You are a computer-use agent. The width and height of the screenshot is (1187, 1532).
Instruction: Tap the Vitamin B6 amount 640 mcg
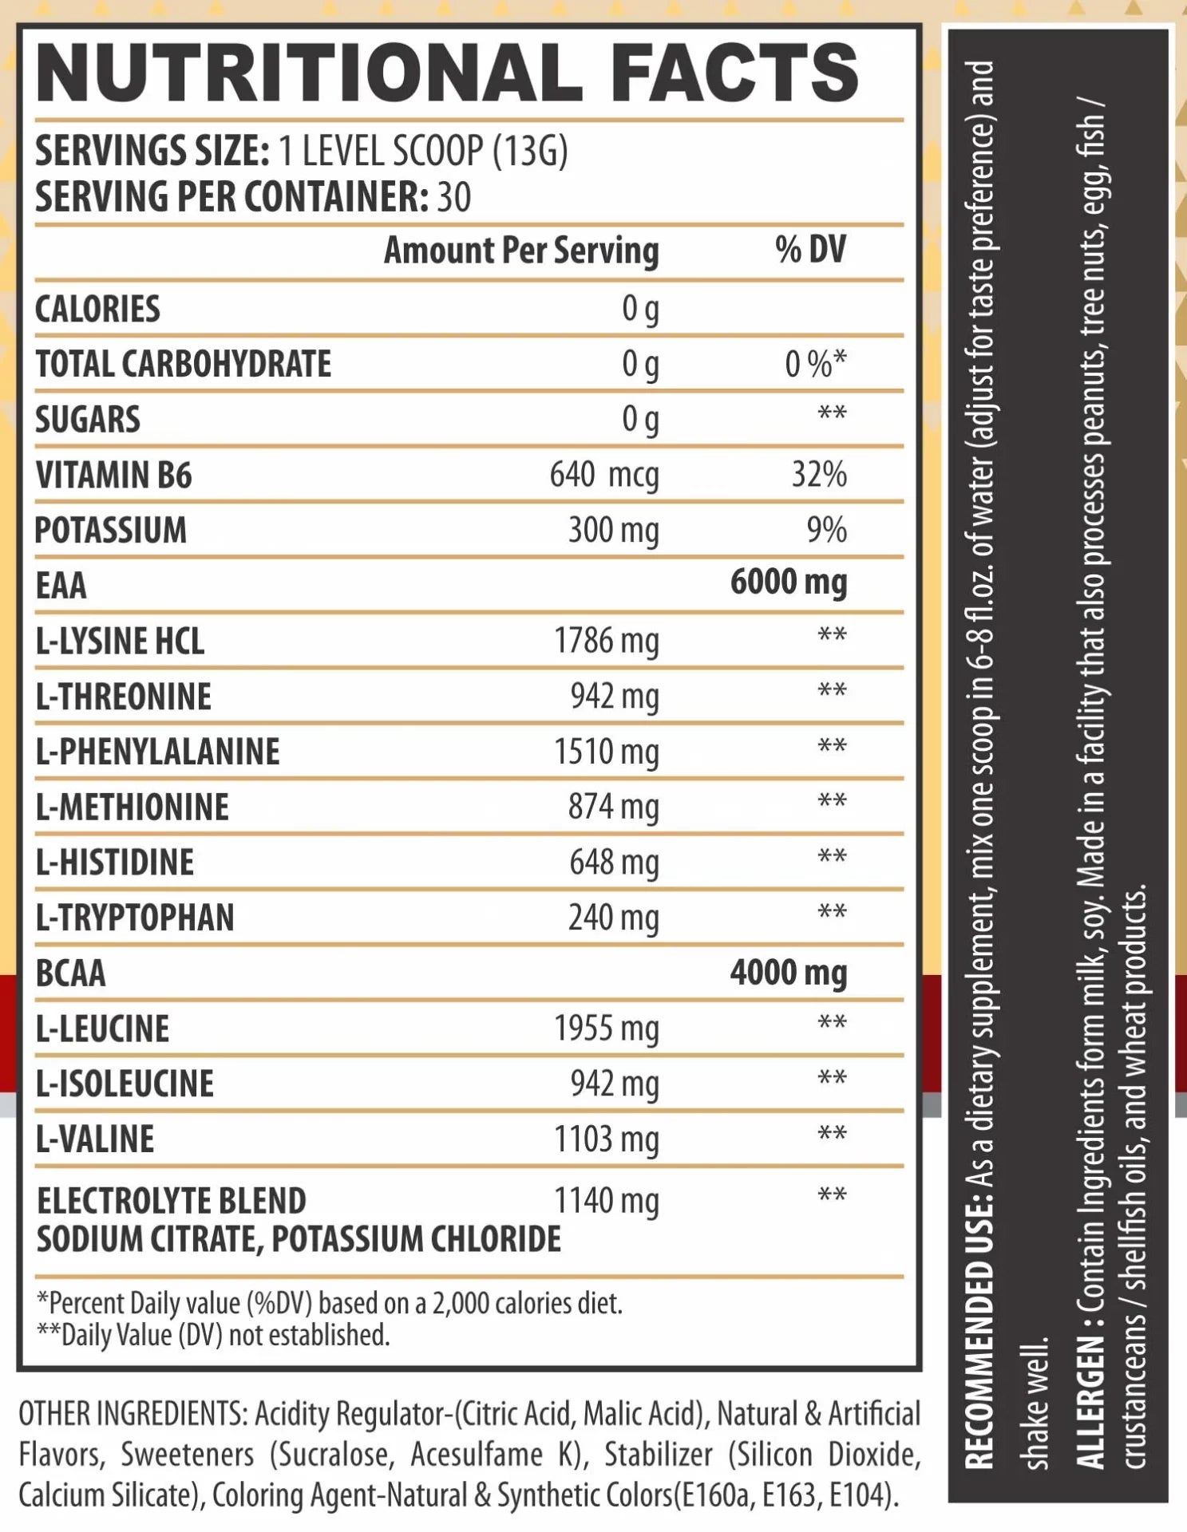tap(603, 475)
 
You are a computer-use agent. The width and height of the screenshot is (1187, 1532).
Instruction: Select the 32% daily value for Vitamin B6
tap(818, 475)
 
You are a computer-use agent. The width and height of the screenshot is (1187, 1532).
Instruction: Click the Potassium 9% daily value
tap(826, 530)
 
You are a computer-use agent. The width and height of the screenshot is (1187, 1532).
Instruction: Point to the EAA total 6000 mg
tap(788, 582)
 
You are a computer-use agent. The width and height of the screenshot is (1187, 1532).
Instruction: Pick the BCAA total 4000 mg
tap(788, 973)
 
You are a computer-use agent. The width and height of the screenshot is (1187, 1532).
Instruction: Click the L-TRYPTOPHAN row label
tap(135, 918)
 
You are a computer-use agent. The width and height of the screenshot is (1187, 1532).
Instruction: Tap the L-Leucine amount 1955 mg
tap(607, 1029)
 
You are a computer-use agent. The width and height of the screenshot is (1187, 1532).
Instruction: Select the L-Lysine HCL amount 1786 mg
tap(607, 641)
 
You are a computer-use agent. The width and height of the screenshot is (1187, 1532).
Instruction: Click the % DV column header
tap(809, 250)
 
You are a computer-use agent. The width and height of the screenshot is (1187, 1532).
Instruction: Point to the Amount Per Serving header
tap(521, 251)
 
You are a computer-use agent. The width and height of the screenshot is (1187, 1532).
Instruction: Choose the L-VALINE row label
tap(95, 1139)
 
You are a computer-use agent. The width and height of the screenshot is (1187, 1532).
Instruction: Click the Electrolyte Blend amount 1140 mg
tap(607, 1201)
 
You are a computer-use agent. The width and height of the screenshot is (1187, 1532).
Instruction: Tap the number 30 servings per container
tap(454, 197)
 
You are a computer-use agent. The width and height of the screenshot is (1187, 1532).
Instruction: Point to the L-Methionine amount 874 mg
tap(613, 807)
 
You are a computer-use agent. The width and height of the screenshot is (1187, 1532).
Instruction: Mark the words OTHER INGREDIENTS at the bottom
tap(133, 1414)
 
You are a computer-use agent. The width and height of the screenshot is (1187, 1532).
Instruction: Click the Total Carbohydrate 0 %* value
tap(814, 364)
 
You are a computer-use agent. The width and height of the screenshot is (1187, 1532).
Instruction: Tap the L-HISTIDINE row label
tap(115, 863)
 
